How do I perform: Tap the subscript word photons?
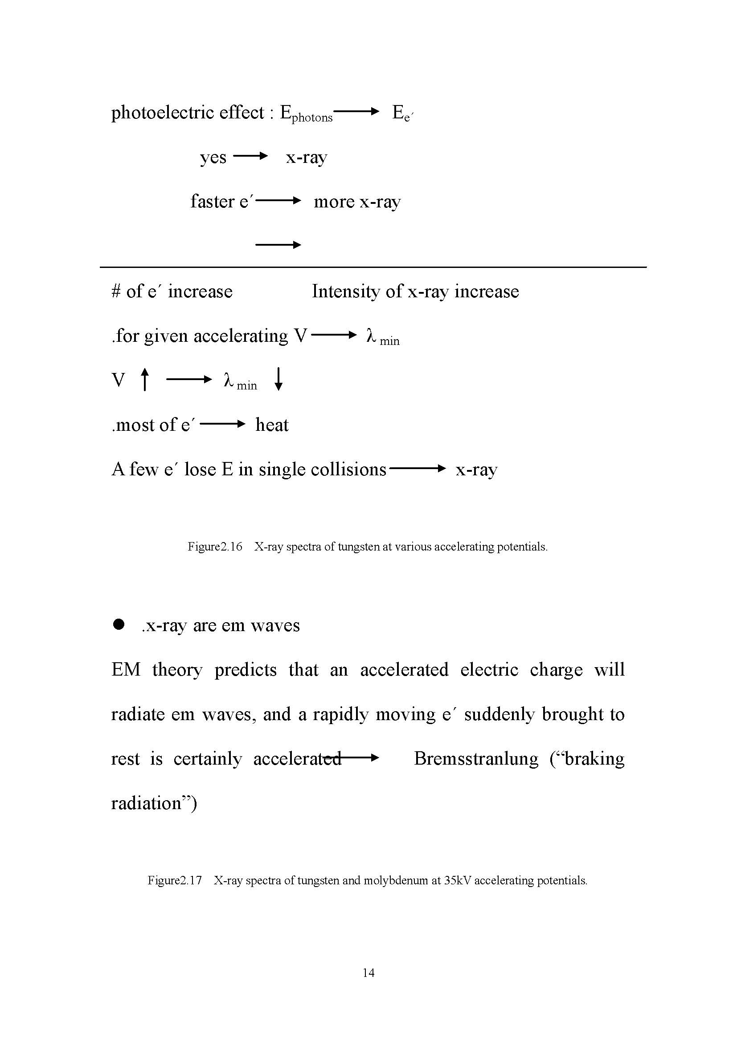click(x=312, y=118)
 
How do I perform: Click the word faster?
click(x=212, y=201)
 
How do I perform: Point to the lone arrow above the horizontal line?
click(x=278, y=245)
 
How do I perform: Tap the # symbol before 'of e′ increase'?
click(x=116, y=291)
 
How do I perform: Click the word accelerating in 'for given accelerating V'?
click(x=241, y=336)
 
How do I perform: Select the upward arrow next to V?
click(x=144, y=379)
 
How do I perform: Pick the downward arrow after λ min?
click(x=278, y=379)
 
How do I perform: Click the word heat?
click(x=272, y=425)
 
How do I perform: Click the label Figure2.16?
click(x=215, y=547)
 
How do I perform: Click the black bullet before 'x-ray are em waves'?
click(x=119, y=625)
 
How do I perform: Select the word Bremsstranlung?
click(x=476, y=758)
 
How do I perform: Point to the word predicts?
click(x=246, y=670)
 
